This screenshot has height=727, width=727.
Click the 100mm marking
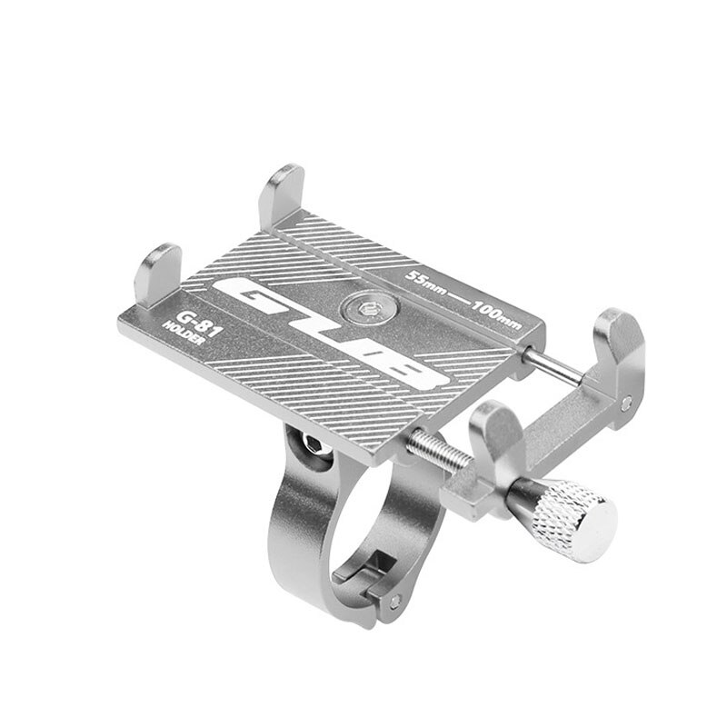coord(499,313)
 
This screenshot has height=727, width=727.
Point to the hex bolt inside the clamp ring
coord(310,441)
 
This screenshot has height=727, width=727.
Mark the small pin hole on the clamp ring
coord(393,601)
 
